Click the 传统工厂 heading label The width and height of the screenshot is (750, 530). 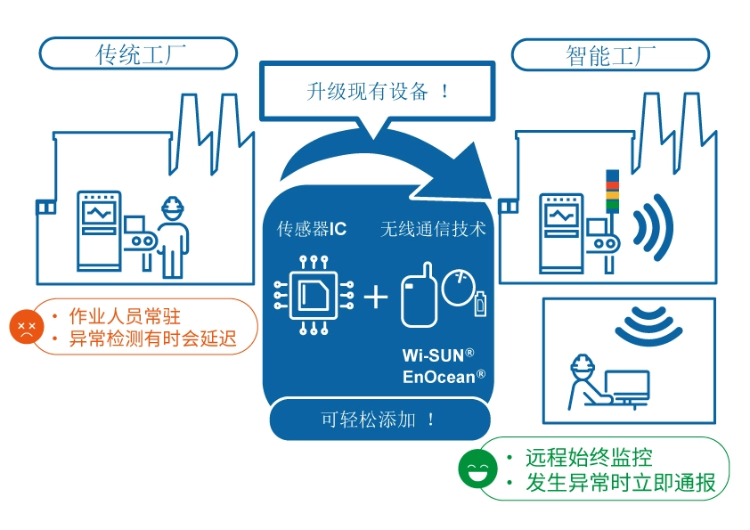[139, 54]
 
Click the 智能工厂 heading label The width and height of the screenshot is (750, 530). [610, 55]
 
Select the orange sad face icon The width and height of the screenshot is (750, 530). [27, 327]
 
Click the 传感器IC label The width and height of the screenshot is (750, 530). [311, 229]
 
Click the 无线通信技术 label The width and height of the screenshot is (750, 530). [433, 229]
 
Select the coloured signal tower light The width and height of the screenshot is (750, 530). [611, 190]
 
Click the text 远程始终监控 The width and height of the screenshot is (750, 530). [589, 458]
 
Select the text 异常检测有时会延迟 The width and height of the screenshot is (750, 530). [152, 339]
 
